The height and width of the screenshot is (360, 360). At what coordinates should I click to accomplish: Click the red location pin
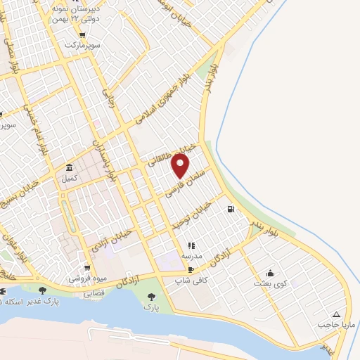coord(181,166)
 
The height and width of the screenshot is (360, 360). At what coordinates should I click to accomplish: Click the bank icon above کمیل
coord(69,168)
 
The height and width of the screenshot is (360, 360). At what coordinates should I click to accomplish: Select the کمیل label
coord(69,179)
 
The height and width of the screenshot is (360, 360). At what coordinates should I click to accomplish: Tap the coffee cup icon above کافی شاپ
coord(191,268)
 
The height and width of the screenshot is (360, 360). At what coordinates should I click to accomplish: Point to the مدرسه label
coord(191,256)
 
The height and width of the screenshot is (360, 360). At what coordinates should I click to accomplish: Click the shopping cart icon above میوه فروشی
coord(86,267)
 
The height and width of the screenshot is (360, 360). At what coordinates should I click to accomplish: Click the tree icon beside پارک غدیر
coord(43,290)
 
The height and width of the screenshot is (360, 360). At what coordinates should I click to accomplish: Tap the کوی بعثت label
coord(270,283)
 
